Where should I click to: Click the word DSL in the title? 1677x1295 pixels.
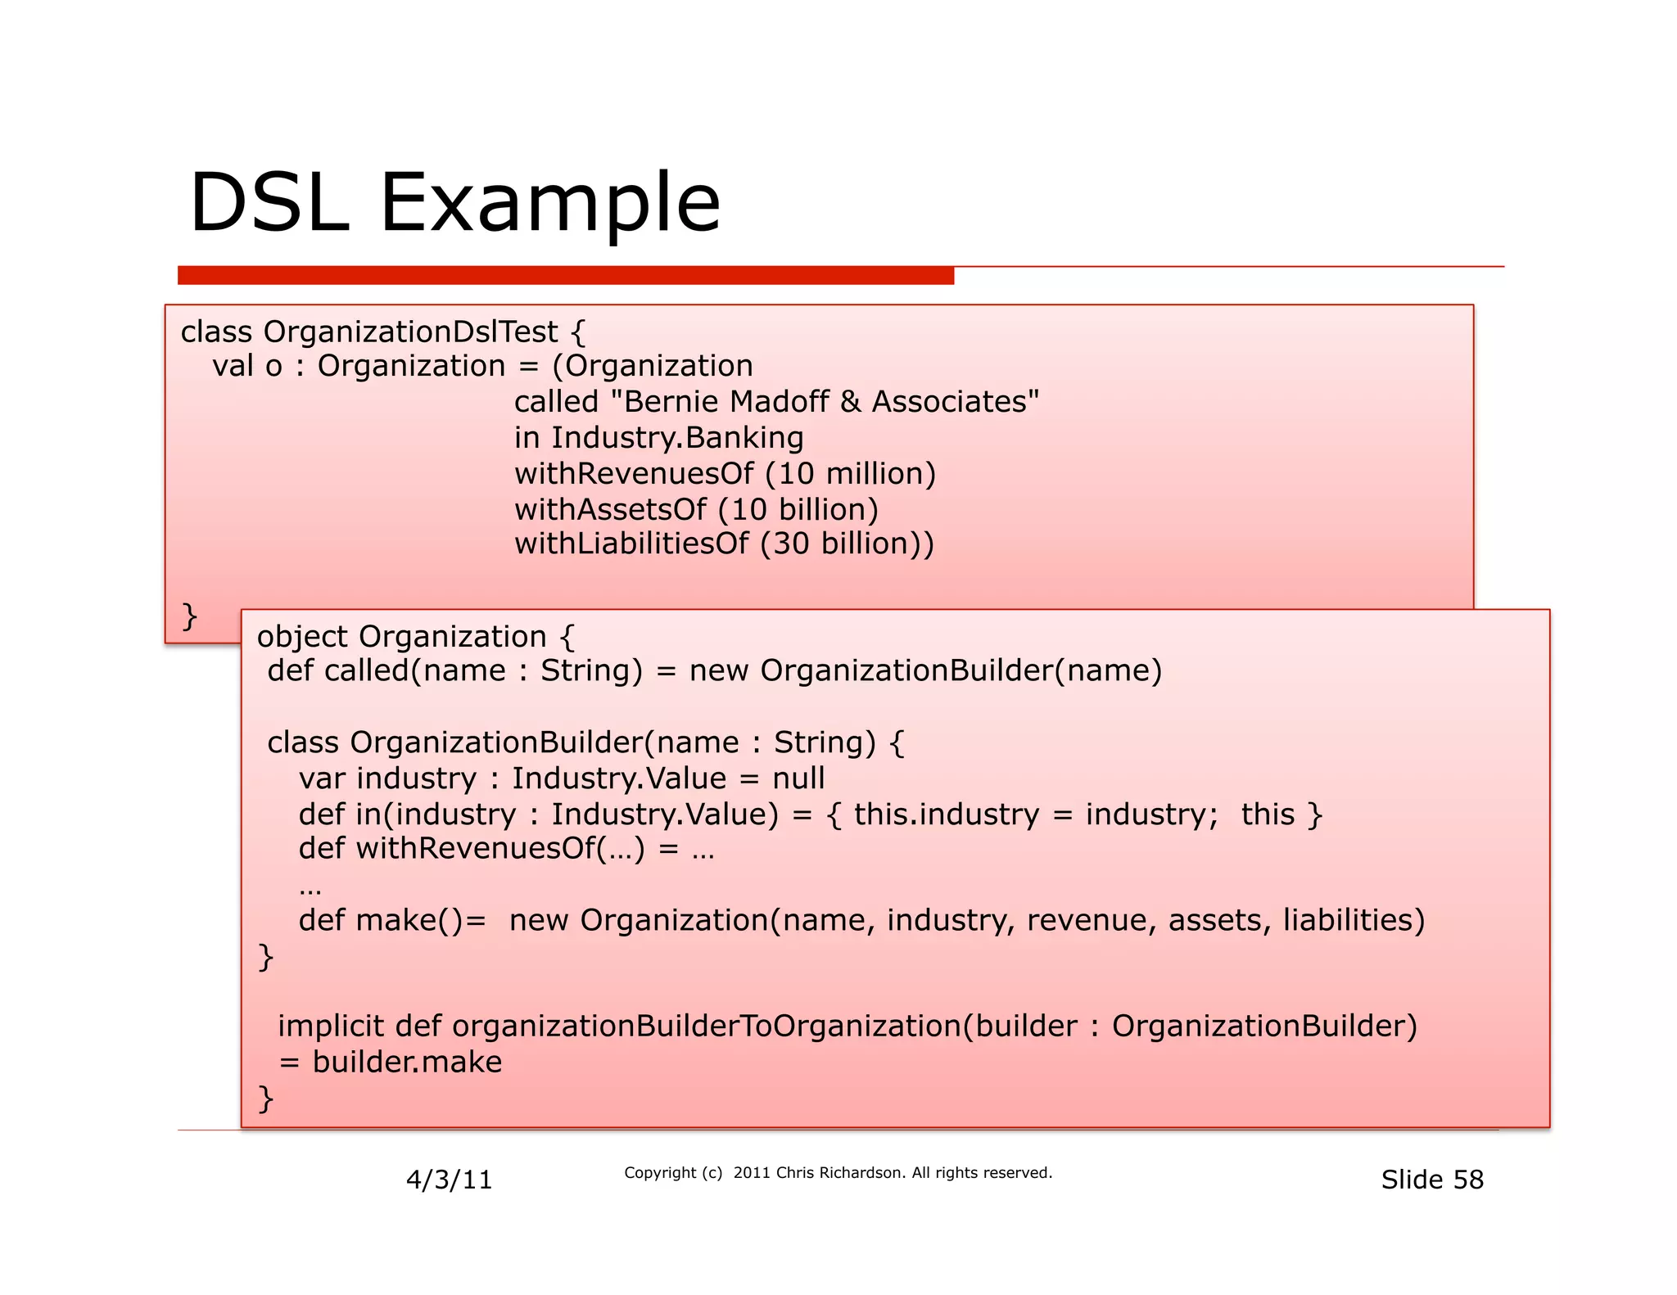pyautogui.click(x=269, y=202)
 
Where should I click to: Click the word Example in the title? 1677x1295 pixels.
pyautogui.click(x=549, y=202)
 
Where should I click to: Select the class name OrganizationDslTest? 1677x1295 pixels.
pyautogui.click(x=410, y=332)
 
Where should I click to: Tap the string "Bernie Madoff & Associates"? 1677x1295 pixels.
pyautogui.click(x=825, y=402)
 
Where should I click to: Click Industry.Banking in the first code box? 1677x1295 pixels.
pyautogui.click(x=677, y=438)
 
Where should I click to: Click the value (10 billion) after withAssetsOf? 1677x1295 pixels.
pyautogui.click(x=798, y=510)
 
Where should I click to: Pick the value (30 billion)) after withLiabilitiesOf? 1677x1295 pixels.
pyautogui.click(x=847, y=544)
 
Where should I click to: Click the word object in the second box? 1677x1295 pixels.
pyautogui.click(x=302, y=637)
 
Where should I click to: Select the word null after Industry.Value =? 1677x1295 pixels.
pyautogui.click(x=798, y=778)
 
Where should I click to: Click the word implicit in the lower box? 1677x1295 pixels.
pyautogui.click(x=331, y=1027)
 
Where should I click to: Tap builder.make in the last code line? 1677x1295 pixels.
pyautogui.click(x=407, y=1063)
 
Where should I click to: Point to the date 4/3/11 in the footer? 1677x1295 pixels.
pyautogui.click(x=449, y=1180)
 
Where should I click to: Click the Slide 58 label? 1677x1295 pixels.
pyautogui.click(x=1431, y=1180)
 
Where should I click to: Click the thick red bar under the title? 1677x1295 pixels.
pyautogui.click(x=565, y=276)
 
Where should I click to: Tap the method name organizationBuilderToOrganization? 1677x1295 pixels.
pyautogui.click(x=706, y=1027)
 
